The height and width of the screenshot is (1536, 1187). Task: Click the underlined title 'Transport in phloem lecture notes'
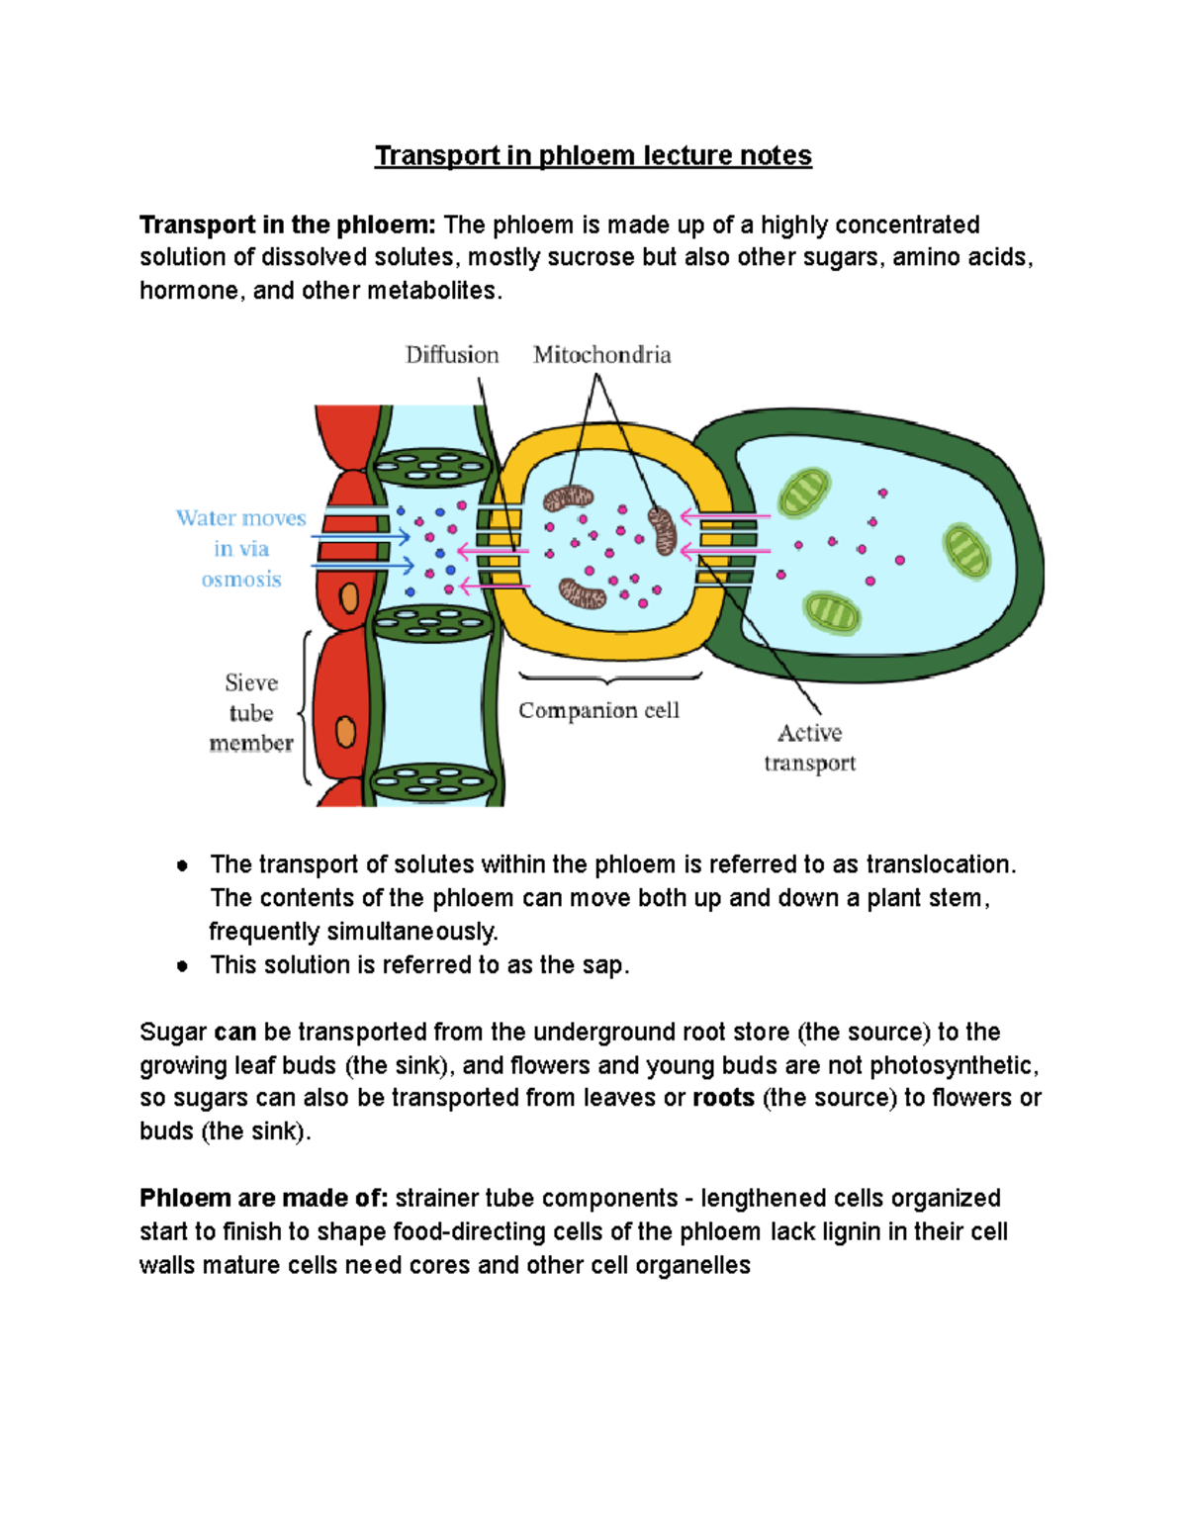click(x=593, y=156)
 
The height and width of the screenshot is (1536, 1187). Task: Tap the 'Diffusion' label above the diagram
click(x=452, y=355)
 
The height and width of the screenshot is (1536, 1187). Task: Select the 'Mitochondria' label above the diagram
click(x=601, y=355)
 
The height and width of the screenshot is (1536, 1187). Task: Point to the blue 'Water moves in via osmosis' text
click(x=241, y=548)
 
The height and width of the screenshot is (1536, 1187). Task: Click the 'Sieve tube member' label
click(x=251, y=712)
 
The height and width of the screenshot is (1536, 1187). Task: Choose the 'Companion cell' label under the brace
click(x=598, y=710)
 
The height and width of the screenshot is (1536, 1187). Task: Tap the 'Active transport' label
click(x=809, y=748)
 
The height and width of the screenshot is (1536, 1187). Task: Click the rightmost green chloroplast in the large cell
click(x=966, y=551)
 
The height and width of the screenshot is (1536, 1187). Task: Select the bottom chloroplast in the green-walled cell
click(x=832, y=613)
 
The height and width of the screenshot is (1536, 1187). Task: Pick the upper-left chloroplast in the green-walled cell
click(x=803, y=493)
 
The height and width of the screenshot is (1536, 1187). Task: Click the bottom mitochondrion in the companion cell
click(x=582, y=593)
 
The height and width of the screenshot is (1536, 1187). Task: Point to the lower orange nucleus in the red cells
click(x=345, y=732)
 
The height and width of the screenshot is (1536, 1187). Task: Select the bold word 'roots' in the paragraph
click(x=723, y=1098)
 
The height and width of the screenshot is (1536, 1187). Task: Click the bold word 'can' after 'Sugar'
click(x=234, y=1032)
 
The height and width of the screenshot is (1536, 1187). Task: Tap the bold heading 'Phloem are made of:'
click(x=263, y=1198)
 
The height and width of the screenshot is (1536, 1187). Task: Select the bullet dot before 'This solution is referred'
click(x=182, y=965)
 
